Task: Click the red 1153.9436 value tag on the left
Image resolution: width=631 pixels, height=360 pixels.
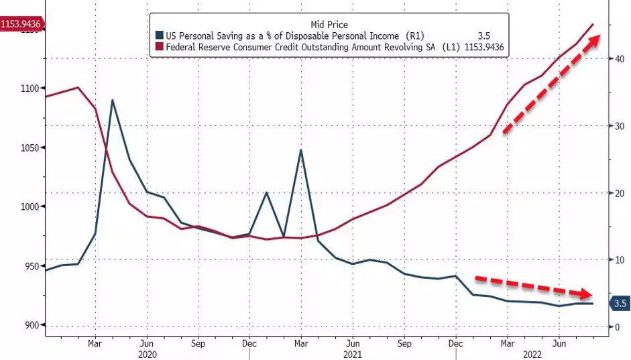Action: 21,25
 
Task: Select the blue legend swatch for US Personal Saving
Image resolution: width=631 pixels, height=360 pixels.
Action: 159,36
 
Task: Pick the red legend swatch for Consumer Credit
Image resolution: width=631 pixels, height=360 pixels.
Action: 159,47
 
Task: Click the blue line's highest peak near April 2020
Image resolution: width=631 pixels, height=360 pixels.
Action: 112,100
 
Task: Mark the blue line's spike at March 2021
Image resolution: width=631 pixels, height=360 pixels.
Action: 301,149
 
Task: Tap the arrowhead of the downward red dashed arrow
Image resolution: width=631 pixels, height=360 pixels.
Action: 587,294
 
